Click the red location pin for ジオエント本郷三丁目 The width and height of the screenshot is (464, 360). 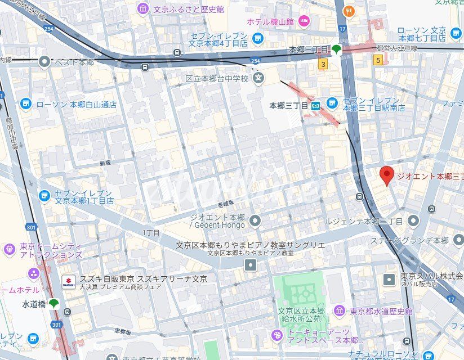(386, 175)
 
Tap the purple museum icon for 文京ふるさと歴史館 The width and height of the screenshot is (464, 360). (143, 9)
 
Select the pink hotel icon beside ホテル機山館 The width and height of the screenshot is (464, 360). (304, 22)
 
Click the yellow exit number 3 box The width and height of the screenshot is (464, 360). (323, 65)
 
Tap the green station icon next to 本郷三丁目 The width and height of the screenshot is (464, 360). (336, 49)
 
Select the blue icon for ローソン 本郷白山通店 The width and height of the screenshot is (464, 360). (25, 104)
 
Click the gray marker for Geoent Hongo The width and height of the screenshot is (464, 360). (255, 220)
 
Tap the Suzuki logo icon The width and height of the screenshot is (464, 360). (69, 282)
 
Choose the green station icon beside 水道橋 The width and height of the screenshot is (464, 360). (53, 304)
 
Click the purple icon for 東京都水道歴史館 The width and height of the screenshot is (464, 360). (339, 311)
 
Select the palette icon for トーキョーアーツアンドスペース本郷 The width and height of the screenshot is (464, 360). (277, 336)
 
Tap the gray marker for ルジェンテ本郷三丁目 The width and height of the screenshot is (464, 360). (413, 221)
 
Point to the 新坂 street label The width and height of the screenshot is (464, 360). (105, 163)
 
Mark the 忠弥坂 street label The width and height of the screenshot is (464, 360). (122, 331)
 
